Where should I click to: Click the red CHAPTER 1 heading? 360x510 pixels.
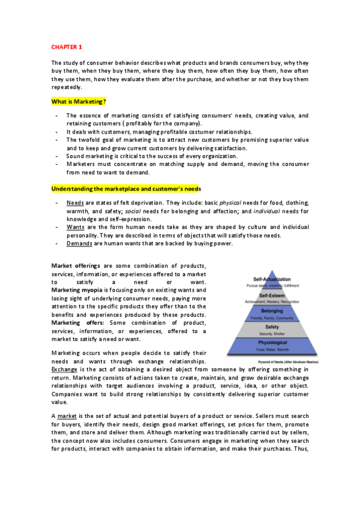tap(66, 46)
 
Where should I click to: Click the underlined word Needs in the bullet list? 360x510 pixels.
tap(75, 203)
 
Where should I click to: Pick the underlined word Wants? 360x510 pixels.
tap(76, 227)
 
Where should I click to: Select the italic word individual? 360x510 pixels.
tap(266, 211)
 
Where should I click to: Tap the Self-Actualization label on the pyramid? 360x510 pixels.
tap(272, 280)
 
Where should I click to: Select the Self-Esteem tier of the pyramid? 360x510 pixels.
tap(272, 296)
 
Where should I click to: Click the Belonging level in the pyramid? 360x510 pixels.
tap(272, 311)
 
